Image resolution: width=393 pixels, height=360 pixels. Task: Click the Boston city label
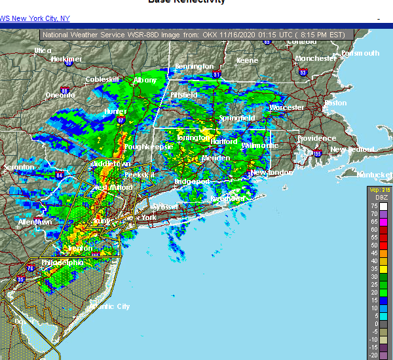(x=335, y=103)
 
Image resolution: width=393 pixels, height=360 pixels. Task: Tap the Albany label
(x=145, y=80)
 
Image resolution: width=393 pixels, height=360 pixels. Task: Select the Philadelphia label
(x=62, y=263)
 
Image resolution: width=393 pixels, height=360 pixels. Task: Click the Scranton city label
(x=18, y=168)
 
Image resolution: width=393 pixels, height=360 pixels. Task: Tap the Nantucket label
(x=374, y=175)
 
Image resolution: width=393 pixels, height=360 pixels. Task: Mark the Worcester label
(x=287, y=107)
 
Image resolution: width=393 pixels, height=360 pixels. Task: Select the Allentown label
(x=35, y=223)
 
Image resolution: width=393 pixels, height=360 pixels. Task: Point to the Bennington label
(x=194, y=67)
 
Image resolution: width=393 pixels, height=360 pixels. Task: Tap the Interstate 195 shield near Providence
(x=318, y=154)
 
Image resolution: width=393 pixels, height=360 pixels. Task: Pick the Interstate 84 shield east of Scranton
(x=60, y=175)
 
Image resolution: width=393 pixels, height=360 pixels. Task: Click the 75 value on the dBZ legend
(x=374, y=206)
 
